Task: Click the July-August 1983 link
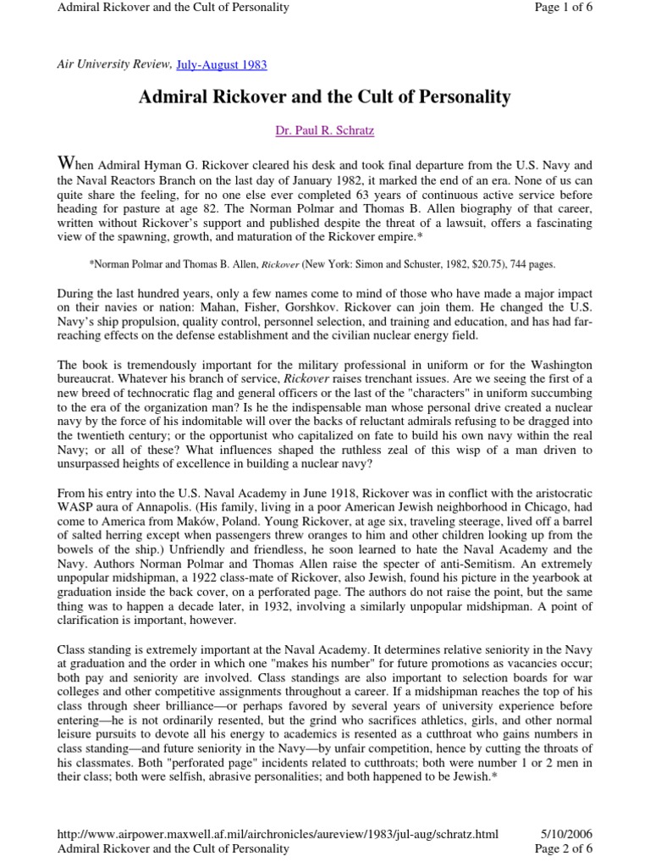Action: [223, 64]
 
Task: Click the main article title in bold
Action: [324, 97]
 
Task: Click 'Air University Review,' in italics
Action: [103, 64]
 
